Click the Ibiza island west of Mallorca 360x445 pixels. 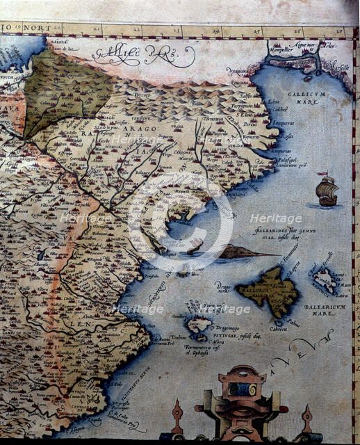click(198, 323)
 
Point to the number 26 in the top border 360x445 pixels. click(297, 30)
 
